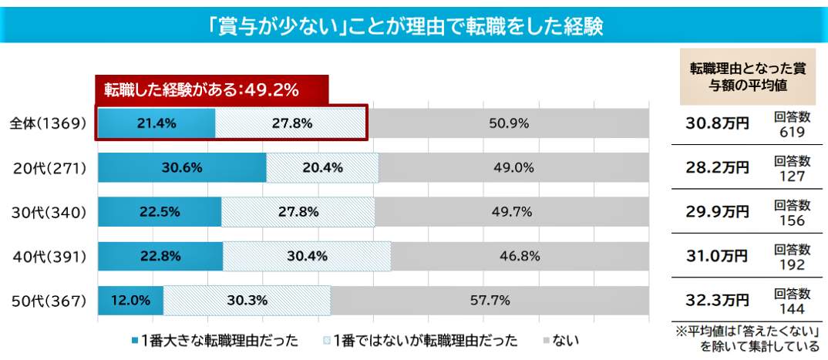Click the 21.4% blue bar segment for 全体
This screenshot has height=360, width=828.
[x=157, y=123]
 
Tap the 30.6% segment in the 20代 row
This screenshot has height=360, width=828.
[x=182, y=167]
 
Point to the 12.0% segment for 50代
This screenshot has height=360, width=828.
[x=130, y=301]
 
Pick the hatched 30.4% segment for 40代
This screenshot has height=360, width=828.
[x=307, y=256]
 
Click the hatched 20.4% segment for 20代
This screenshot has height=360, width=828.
[x=322, y=167]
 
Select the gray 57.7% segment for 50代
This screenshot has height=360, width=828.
[x=490, y=301]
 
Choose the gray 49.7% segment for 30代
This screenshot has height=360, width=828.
[x=511, y=212]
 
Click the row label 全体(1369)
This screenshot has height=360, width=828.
[x=47, y=123]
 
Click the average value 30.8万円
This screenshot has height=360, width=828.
[x=717, y=123]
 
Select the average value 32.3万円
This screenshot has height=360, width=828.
[x=717, y=301]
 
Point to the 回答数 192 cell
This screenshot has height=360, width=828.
[x=792, y=257]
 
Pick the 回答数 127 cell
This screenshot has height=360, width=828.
[x=792, y=168]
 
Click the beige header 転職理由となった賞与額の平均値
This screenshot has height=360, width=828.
[x=747, y=77]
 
